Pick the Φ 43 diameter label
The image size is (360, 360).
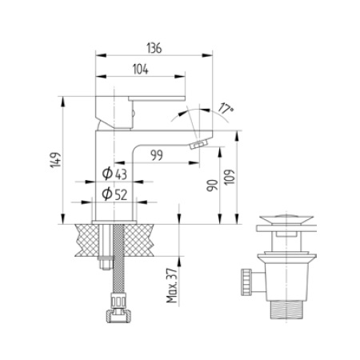pyautogui.click(x=117, y=174)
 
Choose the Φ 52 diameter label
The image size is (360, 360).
pyautogui.click(x=117, y=192)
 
